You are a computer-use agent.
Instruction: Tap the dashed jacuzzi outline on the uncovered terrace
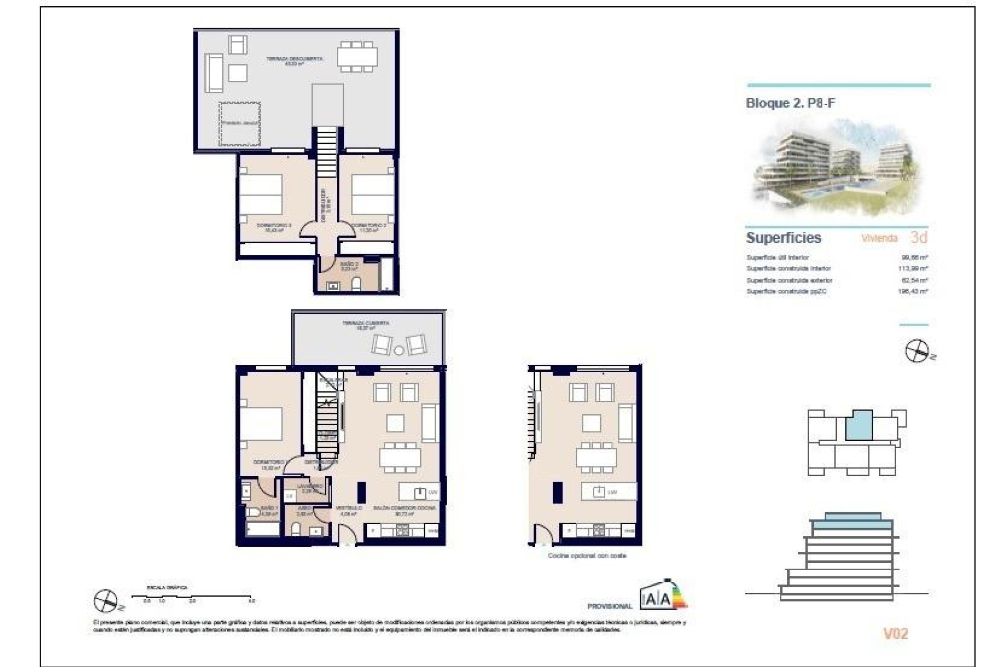(x=240, y=124)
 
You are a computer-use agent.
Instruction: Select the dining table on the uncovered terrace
(x=357, y=57)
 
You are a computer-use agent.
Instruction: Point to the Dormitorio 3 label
(x=274, y=228)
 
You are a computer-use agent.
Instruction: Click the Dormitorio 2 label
(x=369, y=228)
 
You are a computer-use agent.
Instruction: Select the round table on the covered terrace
(x=399, y=350)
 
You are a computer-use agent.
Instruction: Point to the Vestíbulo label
(x=349, y=510)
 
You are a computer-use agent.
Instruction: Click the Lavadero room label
(x=310, y=488)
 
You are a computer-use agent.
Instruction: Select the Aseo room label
(x=304, y=510)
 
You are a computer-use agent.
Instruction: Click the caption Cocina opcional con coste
(x=587, y=556)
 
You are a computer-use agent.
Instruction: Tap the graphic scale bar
(x=192, y=595)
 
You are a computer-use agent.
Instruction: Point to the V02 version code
(x=896, y=634)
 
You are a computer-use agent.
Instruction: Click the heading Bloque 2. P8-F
(x=790, y=103)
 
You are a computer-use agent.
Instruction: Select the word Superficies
(x=784, y=238)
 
